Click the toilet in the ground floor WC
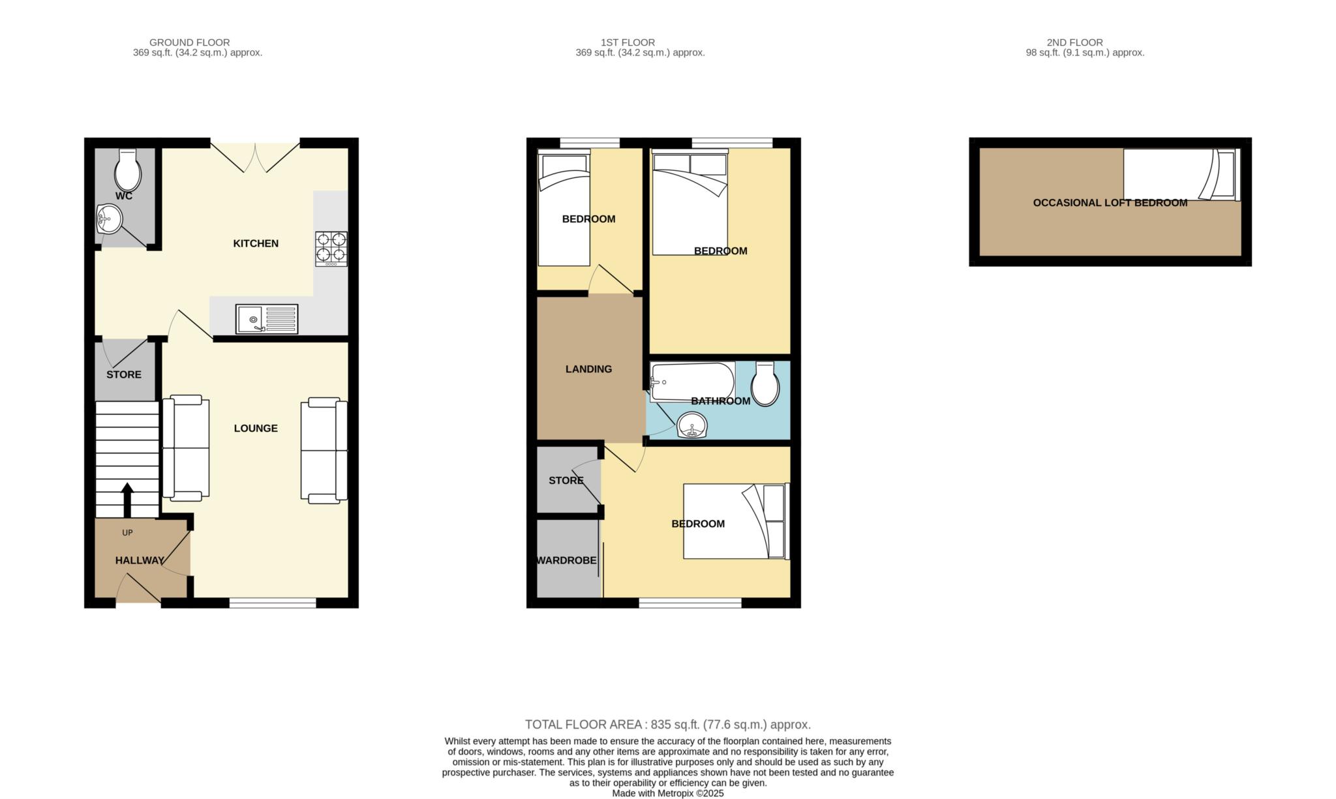pos(128,169)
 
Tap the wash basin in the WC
pos(109,219)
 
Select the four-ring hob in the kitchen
pos(331,249)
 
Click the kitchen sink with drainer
pos(267,319)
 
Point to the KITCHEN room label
pos(256,243)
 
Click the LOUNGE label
pos(256,428)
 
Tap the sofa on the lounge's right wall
pos(324,450)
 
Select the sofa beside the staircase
pos(186,447)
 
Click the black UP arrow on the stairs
pos(127,500)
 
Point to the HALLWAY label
pos(140,560)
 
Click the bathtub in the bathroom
pos(692,382)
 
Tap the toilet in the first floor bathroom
pos(765,384)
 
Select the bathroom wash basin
pos(692,427)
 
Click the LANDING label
pos(588,369)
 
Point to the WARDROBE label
pos(566,560)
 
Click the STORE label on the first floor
pos(566,481)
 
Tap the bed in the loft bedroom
pos(1181,174)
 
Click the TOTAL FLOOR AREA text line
pos(668,725)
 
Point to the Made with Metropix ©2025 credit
pos(668,794)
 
